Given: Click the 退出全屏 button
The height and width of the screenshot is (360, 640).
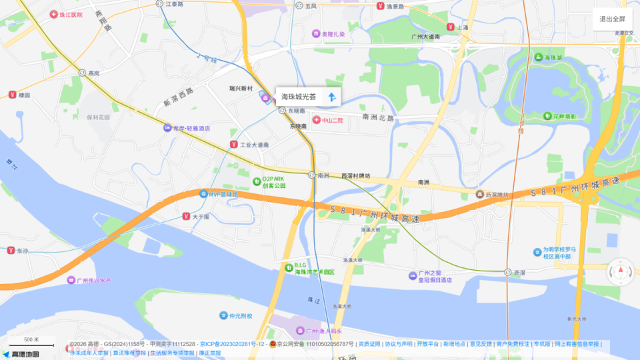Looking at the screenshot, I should click(x=612, y=19).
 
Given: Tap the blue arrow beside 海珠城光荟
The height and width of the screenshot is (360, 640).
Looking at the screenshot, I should click(x=331, y=97).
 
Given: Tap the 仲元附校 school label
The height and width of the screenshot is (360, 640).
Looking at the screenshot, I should click(x=236, y=315).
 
